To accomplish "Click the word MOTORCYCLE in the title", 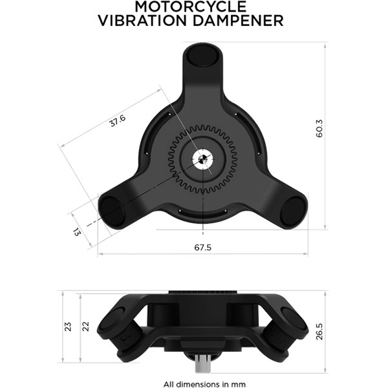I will [x=190, y=7].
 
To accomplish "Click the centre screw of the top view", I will [x=204, y=159].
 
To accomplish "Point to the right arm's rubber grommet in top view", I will [x=292, y=211].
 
